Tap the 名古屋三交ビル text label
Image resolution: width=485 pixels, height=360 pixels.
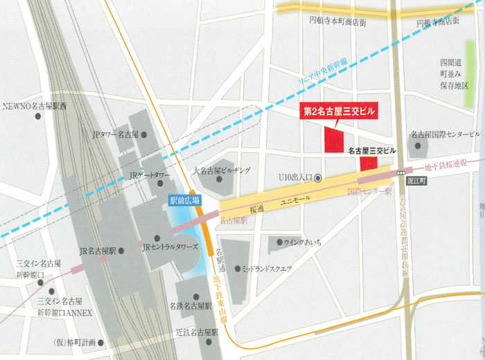pos(371,150)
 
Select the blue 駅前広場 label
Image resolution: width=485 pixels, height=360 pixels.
pos(185,200)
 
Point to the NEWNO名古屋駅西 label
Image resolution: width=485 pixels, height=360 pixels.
pos(35,107)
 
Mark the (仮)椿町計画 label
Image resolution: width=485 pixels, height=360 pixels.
pos(76,343)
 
